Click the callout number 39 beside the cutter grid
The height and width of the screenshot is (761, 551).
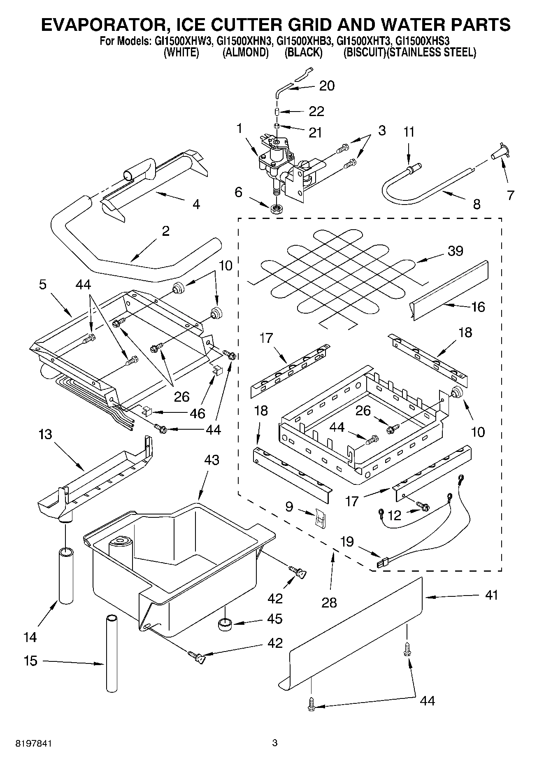tap(456, 251)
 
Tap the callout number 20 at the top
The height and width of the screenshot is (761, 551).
tap(327, 86)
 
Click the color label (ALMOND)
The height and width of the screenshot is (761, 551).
tap(246, 53)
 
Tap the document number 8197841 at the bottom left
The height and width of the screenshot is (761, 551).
tap(34, 743)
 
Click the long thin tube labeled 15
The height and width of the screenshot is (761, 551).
tap(112, 653)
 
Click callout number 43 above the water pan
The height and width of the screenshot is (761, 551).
tap(211, 460)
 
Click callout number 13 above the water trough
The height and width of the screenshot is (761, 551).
tap(45, 434)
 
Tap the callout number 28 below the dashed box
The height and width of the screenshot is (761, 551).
tap(329, 603)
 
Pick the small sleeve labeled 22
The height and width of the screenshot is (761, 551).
tap(278, 112)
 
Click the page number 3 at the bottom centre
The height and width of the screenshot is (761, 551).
tap(275, 743)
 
